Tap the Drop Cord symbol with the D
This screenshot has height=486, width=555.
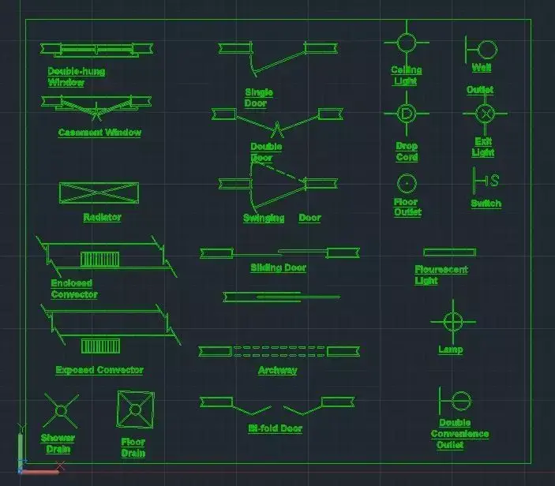click(x=406, y=114)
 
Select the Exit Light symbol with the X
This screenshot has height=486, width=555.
click(x=485, y=114)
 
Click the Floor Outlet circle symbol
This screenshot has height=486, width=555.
click(x=406, y=183)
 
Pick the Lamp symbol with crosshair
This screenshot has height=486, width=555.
click(x=452, y=321)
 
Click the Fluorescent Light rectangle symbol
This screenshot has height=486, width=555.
click(x=449, y=252)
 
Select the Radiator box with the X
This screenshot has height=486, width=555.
click(x=99, y=193)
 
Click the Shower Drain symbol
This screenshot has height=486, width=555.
click(x=60, y=411)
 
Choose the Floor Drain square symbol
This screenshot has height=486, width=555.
click(x=135, y=409)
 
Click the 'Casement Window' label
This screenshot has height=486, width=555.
click(x=99, y=133)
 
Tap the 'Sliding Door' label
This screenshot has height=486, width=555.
click(x=278, y=268)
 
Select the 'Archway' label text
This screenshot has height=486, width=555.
click(x=277, y=370)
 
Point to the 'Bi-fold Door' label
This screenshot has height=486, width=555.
click(x=275, y=428)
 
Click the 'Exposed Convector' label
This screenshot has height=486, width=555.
click(x=99, y=370)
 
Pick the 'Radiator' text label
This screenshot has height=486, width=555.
click(x=102, y=217)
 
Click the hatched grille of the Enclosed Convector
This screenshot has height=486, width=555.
click(x=99, y=260)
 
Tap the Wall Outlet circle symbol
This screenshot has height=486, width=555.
click(x=486, y=50)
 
